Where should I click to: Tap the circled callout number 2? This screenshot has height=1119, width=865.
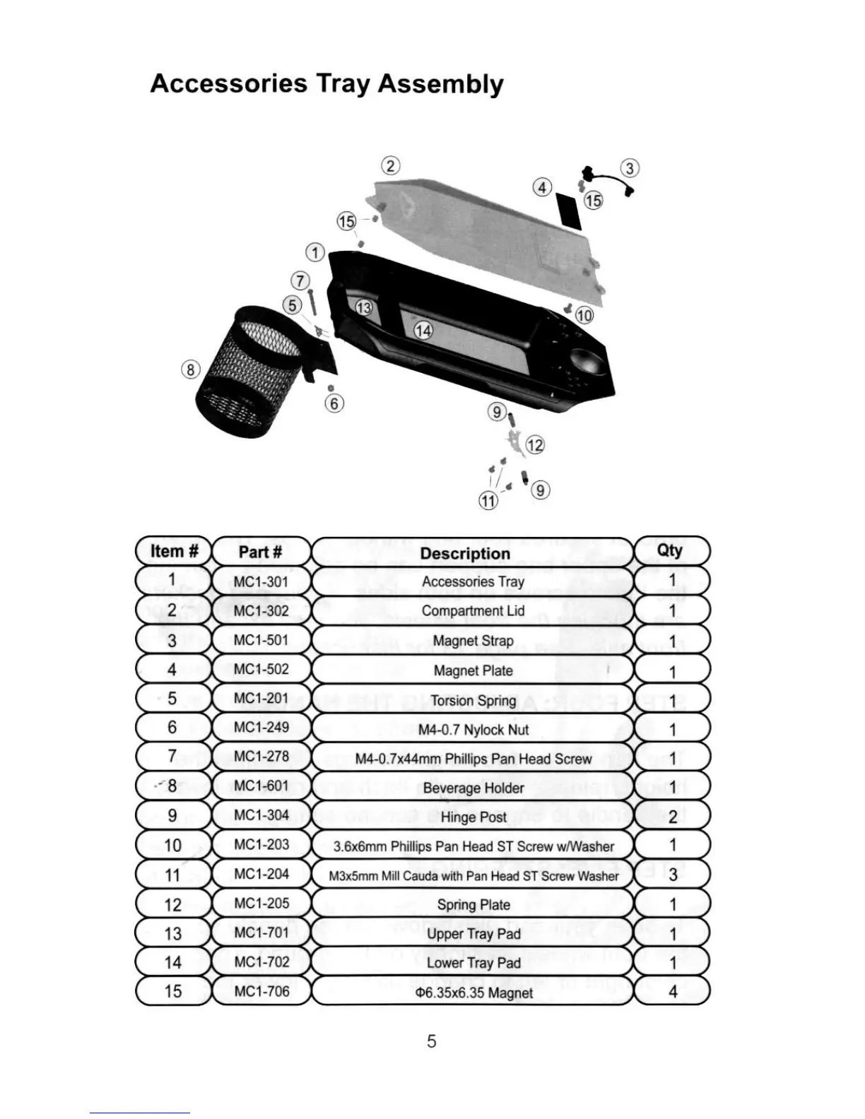point(391,167)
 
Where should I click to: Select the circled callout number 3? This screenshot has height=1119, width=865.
point(630,168)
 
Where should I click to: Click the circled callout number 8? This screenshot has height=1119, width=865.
point(191,369)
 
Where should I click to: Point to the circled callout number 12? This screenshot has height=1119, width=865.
point(535,445)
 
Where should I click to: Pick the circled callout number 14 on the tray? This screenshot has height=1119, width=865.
point(423,331)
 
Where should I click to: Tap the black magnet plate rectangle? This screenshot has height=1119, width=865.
point(570,210)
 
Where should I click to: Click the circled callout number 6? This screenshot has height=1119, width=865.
point(334,403)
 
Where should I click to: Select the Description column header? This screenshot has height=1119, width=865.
point(465,553)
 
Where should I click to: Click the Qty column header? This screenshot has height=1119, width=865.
point(669,550)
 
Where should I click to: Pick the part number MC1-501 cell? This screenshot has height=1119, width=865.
point(261,640)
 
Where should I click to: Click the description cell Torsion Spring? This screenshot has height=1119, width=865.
point(473,700)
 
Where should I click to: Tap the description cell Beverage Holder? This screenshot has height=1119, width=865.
point(473,788)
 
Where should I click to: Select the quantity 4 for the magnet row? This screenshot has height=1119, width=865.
point(672,992)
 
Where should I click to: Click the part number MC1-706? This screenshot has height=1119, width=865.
point(261,991)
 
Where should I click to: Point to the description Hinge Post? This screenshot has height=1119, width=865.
point(473,817)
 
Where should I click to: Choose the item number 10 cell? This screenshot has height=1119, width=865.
point(172,846)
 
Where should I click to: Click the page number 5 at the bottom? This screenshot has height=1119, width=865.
point(431,1041)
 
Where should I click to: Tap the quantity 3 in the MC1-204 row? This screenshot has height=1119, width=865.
point(672,875)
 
